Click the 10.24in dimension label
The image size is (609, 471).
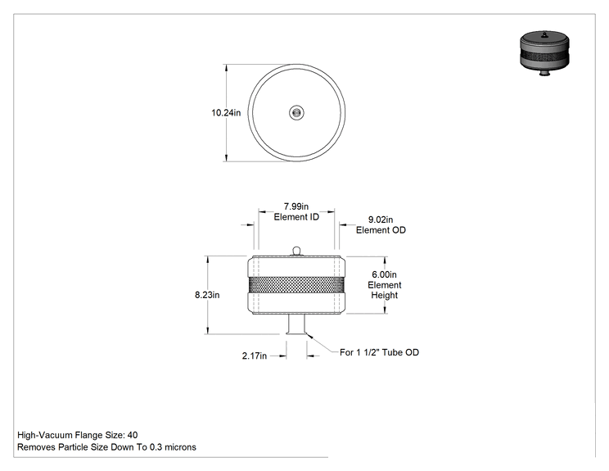point(226,113)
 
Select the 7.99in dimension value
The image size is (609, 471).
point(296,206)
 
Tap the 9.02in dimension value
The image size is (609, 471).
point(381,220)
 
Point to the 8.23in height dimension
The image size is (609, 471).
point(207,295)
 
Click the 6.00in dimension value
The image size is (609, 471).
point(384,274)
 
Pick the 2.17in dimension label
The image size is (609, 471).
point(255,356)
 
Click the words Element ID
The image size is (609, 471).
point(296,217)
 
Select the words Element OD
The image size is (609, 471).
point(381,230)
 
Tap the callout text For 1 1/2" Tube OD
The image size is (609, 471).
point(379,352)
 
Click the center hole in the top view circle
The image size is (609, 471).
point(296,113)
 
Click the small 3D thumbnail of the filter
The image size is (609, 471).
point(544,53)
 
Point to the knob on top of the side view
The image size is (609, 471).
point(296,251)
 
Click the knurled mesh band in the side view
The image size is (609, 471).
point(296,285)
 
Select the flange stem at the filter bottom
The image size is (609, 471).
point(297,324)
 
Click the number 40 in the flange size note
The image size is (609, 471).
point(133,435)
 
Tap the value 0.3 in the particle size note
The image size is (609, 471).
point(156,447)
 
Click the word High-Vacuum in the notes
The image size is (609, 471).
point(45,435)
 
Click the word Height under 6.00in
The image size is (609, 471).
point(384,296)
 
